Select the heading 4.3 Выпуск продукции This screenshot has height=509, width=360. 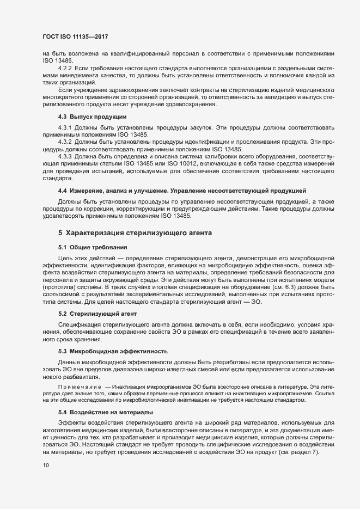click(93, 117)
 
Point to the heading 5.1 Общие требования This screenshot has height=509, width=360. click(89, 248)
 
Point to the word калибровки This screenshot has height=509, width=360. click(210, 156)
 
